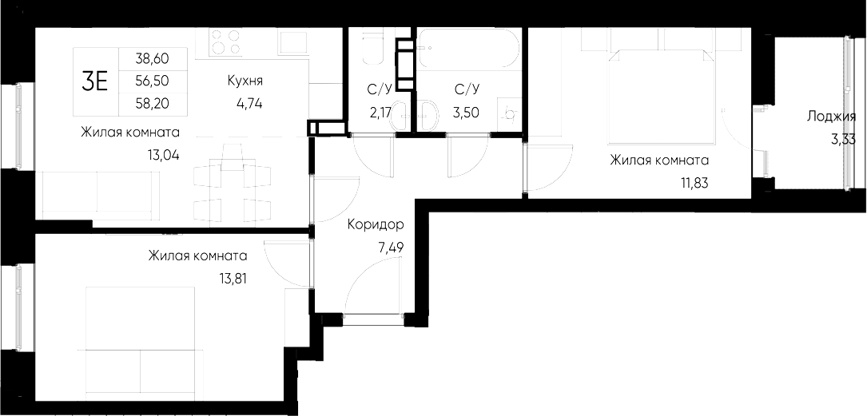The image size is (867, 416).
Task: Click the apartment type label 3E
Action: (95, 81)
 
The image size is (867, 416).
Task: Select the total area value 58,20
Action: (153, 103)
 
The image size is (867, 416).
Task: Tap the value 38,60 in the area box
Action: (153, 59)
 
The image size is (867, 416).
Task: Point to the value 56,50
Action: (153, 81)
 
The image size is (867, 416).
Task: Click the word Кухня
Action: (245, 81)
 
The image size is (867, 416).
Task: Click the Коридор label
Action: (376, 225)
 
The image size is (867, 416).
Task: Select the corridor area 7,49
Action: (391, 247)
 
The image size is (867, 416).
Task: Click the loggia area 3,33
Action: (844, 139)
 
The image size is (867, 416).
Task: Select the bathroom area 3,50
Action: (466, 112)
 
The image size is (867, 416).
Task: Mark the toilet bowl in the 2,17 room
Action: (373, 50)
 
